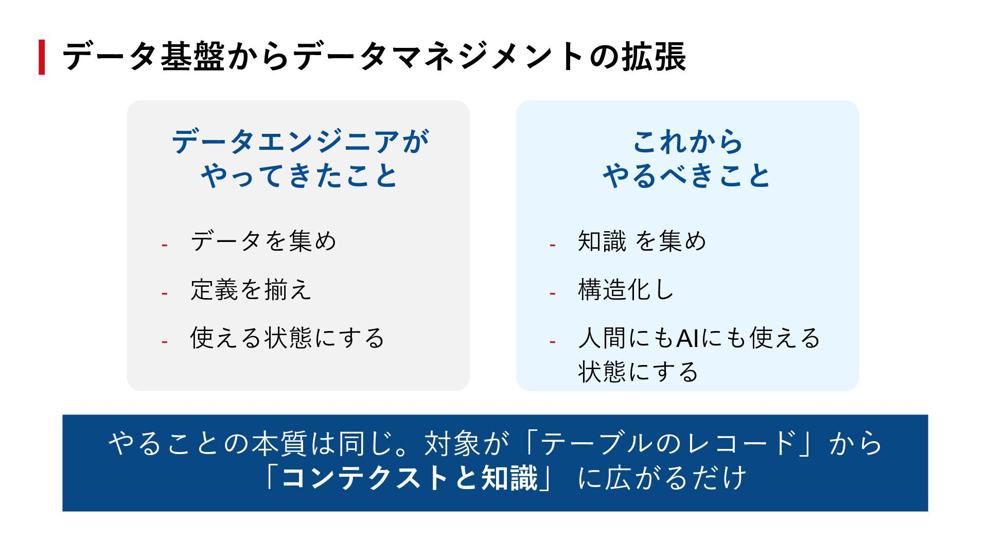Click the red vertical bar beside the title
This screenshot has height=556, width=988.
click(42, 57)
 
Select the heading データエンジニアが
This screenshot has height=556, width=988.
click(300, 142)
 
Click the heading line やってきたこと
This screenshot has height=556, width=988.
click(300, 176)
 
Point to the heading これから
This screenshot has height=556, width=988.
click(687, 142)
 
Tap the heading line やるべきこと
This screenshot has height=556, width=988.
click(687, 176)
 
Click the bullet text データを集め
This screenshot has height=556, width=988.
click(263, 241)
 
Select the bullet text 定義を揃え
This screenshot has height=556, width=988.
click(251, 289)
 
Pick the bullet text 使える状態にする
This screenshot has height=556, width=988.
click(287, 338)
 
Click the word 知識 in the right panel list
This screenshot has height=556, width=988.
click(602, 241)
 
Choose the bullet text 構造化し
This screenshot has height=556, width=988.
click(626, 289)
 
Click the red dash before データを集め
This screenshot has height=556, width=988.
click(165, 245)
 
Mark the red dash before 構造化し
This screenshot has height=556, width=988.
click(553, 293)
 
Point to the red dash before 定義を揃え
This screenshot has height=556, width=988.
click(165, 293)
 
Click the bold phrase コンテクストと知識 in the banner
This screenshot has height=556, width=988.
click(409, 478)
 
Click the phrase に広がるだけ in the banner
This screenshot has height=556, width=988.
click(662, 478)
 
